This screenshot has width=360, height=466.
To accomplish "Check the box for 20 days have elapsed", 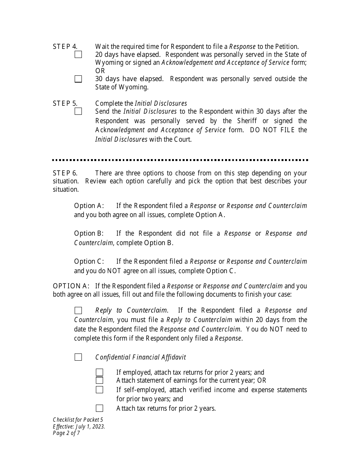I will tap(78, 55).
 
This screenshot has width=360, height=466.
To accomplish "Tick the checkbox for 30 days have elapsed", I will tap(78, 79).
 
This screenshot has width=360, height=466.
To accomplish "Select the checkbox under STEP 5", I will tap(78, 111).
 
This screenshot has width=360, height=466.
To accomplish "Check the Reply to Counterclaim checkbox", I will tap(78, 311).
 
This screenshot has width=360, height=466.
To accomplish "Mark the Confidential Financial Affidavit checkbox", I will tap(78, 357).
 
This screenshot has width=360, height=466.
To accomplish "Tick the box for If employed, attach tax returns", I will tap(99, 372).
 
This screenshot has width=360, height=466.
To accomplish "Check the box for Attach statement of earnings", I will tap(99, 380).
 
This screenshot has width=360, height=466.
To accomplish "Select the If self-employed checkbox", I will tap(99, 390).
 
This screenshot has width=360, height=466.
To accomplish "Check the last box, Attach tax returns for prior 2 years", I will tap(99, 408).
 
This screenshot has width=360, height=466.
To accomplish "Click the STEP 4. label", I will tap(65, 47).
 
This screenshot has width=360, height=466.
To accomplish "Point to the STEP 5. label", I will tap(65, 103).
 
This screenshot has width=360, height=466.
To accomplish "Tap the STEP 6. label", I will tap(65, 173).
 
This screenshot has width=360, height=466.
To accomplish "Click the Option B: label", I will tap(89, 233).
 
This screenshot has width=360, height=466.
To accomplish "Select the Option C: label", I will tap(89, 261).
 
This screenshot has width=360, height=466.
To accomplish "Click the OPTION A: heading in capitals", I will tap(71, 286).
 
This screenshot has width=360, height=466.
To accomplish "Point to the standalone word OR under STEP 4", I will tap(100, 71).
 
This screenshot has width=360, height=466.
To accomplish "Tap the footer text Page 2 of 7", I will tap(66, 433).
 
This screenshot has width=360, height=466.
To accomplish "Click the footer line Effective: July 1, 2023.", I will tap(79, 426).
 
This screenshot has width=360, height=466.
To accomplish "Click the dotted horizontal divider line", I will tap(180, 160).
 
